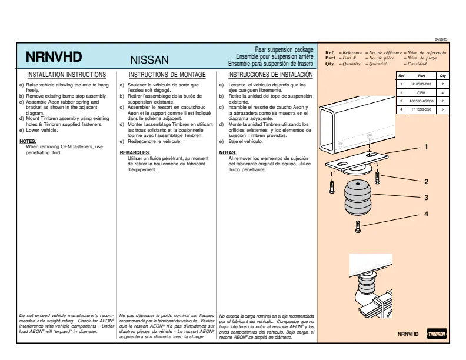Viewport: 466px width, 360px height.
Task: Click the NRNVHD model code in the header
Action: point(54,57)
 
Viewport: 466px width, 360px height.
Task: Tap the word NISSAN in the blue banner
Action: point(149,59)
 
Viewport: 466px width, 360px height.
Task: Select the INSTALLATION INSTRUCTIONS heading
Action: point(66,75)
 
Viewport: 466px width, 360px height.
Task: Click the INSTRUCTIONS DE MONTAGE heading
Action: point(167,75)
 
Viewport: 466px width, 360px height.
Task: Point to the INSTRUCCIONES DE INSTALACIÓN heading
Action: point(271,74)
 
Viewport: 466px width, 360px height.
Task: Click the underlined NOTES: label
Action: point(28,141)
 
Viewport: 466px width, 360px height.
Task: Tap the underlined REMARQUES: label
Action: point(135,153)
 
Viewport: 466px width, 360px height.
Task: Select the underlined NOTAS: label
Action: point(228,153)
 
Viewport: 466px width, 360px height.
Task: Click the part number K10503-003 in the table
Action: point(421,84)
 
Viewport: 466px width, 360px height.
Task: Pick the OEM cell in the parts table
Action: point(421,93)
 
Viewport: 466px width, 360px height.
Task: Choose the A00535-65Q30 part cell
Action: point(421,101)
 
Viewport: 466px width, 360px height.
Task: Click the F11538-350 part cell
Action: point(421,109)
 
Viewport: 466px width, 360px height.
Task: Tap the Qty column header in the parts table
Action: point(442,76)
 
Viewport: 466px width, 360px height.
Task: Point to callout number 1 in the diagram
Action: point(426,146)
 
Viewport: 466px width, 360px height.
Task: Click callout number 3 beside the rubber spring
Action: point(426,198)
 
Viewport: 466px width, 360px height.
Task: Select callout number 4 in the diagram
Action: point(426,214)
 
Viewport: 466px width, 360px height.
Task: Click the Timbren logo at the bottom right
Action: point(437,334)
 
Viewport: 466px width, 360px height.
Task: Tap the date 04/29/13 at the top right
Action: point(441,39)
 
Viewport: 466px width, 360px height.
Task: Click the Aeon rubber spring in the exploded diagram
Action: point(358,198)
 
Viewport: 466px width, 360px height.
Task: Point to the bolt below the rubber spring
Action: point(358,226)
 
